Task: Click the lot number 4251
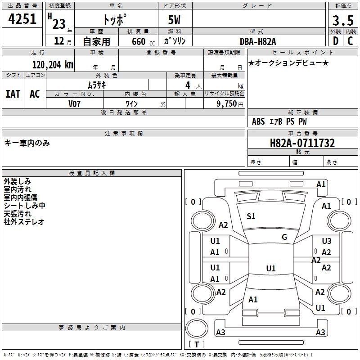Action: (22, 19)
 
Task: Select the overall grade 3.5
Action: (342, 21)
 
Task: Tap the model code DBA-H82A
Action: (258, 41)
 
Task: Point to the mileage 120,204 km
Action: (53, 65)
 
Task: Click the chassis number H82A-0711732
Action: (302, 144)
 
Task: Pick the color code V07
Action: (75, 103)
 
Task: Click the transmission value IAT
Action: (13, 94)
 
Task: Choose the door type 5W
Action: (175, 21)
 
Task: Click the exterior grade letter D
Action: (335, 41)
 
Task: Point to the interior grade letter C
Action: (350, 41)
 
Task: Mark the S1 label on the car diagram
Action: (251, 216)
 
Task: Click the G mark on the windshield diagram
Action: (284, 237)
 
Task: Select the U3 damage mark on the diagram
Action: (327, 241)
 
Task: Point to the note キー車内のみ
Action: (27, 143)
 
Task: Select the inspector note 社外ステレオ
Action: (24, 221)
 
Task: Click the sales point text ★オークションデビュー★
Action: (288, 63)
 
